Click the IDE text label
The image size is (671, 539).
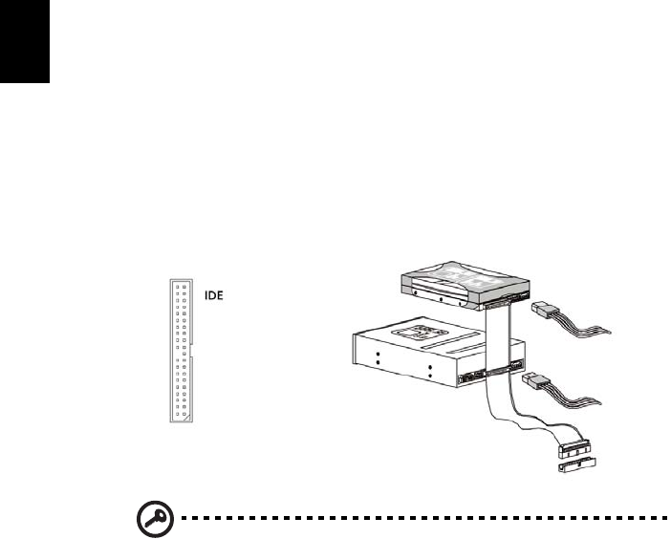215,297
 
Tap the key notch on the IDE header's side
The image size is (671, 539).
193,355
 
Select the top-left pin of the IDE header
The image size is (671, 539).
176,286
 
